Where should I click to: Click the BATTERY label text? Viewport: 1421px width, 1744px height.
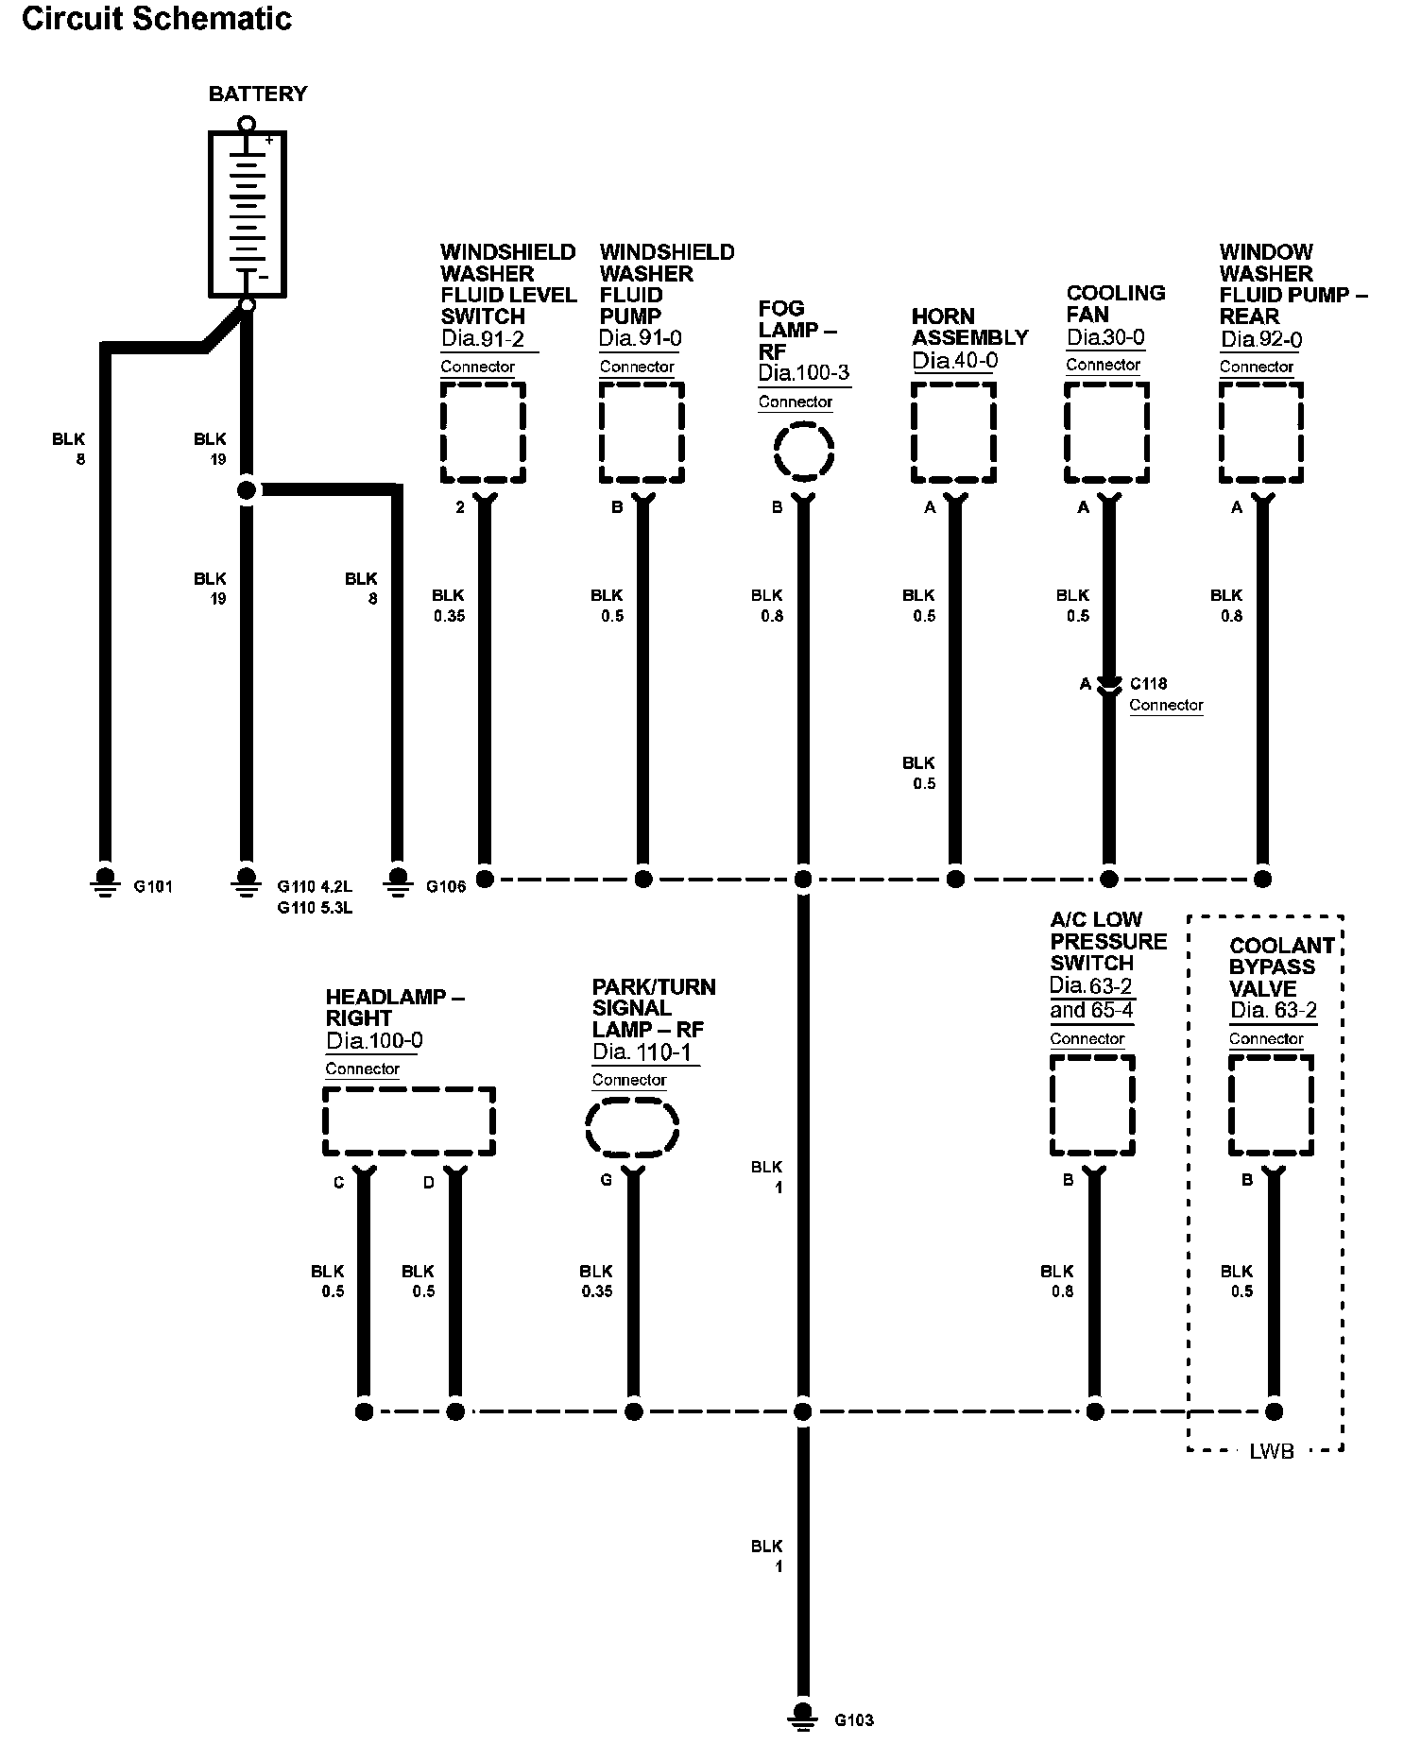[x=258, y=94]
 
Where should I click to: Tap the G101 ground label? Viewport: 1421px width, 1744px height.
[x=153, y=887]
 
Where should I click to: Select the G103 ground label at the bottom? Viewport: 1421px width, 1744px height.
[x=853, y=1720]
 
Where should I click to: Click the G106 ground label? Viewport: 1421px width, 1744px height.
[x=446, y=887]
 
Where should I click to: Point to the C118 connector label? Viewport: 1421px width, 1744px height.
[x=1148, y=683]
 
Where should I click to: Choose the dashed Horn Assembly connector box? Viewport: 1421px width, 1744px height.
[x=953, y=433]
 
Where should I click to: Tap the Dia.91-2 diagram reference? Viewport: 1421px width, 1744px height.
[x=483, y=338]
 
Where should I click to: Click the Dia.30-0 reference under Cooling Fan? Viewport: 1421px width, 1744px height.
[x=1106, y=337]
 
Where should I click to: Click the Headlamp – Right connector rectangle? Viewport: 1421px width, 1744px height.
[x=409, y=1121]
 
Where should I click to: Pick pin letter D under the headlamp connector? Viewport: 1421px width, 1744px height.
[x=428, y=1182]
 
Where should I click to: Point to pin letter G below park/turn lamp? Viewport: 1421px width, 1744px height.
[x=606, y=1180]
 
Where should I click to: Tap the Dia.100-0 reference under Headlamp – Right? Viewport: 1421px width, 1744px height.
[x=374, y=1041]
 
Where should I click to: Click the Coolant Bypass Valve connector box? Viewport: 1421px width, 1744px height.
[x=1271, y=1105]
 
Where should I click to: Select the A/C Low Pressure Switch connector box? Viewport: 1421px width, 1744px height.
[x=1092, y=1105]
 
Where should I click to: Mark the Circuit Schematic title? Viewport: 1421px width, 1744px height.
[x=157, y=19]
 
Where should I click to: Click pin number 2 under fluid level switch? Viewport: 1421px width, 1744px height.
[x=460, y=507]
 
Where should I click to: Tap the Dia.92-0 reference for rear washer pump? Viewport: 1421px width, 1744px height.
[x=1261, y=339]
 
